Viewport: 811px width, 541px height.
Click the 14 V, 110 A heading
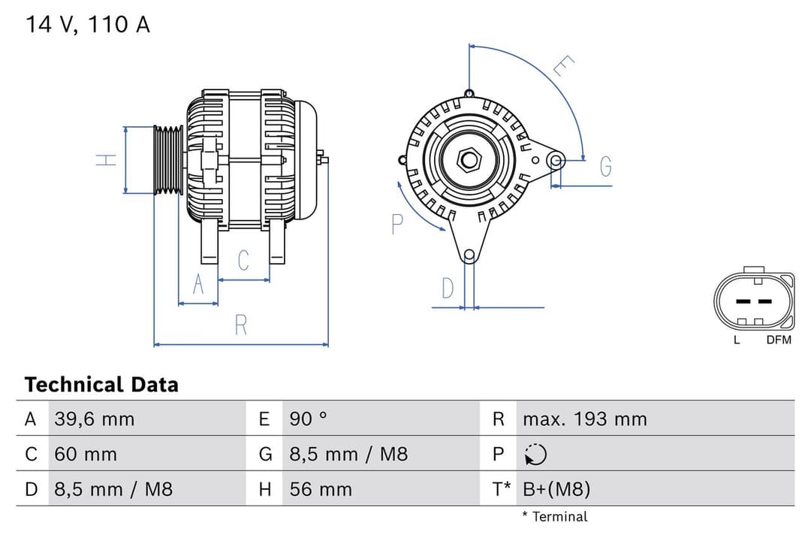[x=88, y=25]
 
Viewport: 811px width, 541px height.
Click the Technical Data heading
[x=101, y=385]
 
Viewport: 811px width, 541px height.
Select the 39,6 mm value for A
[x=94, y=419]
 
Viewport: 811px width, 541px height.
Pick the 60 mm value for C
[x=85, y=455]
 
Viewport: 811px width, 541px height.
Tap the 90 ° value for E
[x=309, y=419]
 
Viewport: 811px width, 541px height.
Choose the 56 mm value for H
[x=321, y=490]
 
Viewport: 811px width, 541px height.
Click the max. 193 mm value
[x=584, y=419]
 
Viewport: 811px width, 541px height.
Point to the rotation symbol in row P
[x=535, y=455]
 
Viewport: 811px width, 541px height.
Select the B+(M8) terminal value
[x=556, y=490]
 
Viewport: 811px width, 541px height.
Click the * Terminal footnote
[x=555, y=517]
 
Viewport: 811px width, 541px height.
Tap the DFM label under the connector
[x=779, y=340]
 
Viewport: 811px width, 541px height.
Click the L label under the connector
[x=737, y=340]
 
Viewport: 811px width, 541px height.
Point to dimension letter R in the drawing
[x=241, y=325]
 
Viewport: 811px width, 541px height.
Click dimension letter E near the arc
[x=563, y=66]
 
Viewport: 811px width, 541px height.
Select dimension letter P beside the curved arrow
[x=397, y=224]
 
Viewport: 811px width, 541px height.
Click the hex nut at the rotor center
[x=469, y=160]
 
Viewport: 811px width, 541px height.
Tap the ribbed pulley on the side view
[x=168, y=160]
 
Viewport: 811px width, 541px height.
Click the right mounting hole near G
[x=556, y=160]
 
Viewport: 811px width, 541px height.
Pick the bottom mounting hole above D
[x=469, y=255]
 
